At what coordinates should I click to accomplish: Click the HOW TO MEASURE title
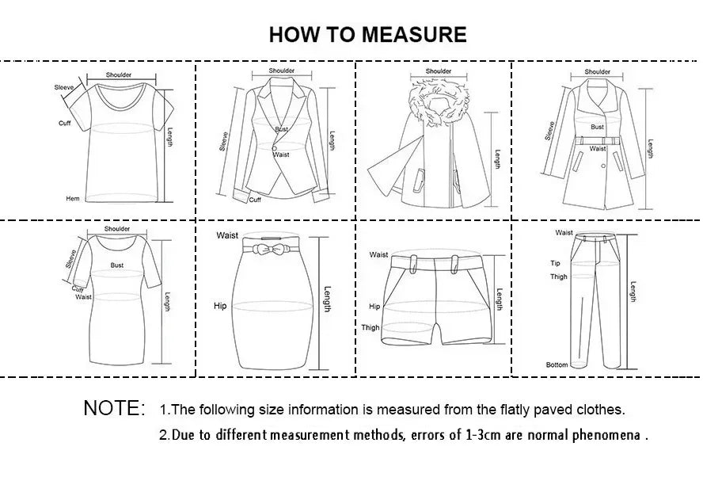pos(367,34)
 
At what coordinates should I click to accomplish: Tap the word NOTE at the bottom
pos(114,409)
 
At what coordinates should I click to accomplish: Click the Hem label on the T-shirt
pos(73,198)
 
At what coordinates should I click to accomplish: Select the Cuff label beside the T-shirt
pos(65,123)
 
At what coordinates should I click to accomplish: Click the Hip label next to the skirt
pos(220,305)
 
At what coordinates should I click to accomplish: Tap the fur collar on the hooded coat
pos(438,102)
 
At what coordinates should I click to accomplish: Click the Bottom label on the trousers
pos(557,364)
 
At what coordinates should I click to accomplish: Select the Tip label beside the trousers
pos(555,263)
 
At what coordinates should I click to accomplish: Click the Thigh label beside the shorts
pos(370,327)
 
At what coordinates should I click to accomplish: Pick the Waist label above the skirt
pos(227,235)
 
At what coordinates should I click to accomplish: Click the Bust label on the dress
pos(117,265)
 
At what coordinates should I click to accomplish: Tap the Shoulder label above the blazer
pos(281,71)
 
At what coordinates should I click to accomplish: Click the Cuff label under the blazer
pos(255,200)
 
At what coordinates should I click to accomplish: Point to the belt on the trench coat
pos(598,139)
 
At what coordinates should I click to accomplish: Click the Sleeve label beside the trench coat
pos(549,131)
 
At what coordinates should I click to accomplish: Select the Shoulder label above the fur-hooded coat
pos(439,71)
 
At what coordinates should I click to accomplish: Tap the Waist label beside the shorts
pos(379,254)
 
